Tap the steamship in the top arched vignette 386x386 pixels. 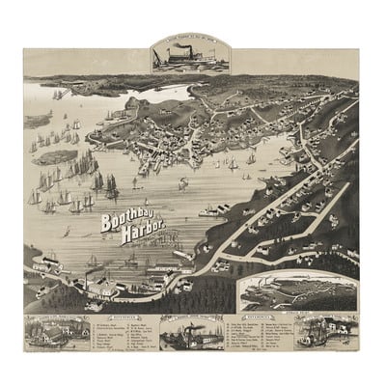pyautogui.click(x=190, y=57)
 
